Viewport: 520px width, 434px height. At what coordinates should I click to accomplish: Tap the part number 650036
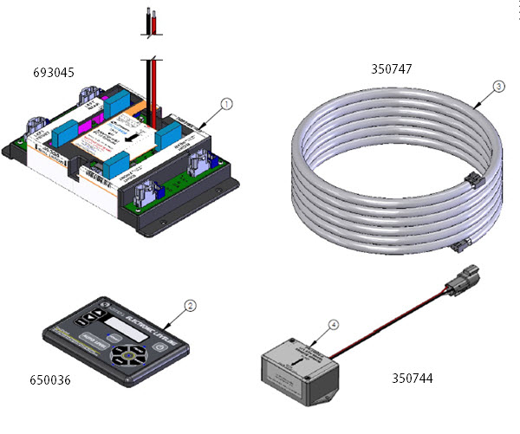[x=49, y=379]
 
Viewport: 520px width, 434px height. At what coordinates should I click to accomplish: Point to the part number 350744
[x=411, y=378]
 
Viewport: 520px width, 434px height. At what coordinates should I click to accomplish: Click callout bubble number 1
[x=226, y=103]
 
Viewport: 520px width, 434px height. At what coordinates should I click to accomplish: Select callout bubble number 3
[x=497, y=86]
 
